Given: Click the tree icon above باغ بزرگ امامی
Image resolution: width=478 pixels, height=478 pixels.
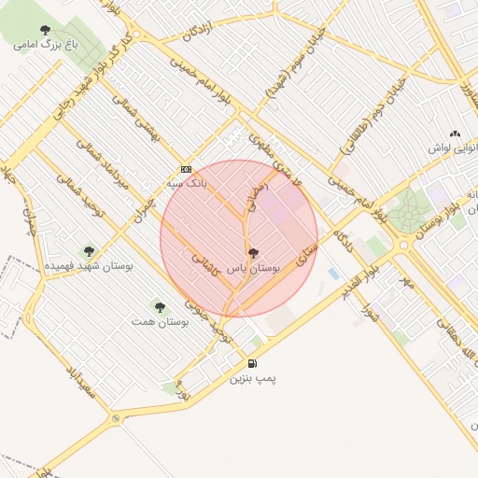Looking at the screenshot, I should (44, 28).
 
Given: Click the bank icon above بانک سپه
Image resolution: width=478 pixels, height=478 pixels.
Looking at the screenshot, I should (186, 169).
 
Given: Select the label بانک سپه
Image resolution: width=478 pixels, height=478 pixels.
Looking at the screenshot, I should (187, 184).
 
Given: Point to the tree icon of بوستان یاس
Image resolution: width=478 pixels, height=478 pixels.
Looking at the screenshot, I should (254, 253).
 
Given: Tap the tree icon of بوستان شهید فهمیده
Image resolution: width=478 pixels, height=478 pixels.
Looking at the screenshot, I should (89, 250).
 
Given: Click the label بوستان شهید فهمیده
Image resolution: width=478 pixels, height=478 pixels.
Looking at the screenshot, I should (90, 266).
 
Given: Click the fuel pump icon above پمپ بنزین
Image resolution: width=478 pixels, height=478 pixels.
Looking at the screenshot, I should (252, 363).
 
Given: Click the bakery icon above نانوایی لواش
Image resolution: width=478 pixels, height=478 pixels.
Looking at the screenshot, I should (455, 134).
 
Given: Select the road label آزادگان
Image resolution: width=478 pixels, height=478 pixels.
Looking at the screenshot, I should (204, 33).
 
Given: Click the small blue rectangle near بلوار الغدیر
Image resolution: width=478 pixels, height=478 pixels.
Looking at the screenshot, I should (333, 274).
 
